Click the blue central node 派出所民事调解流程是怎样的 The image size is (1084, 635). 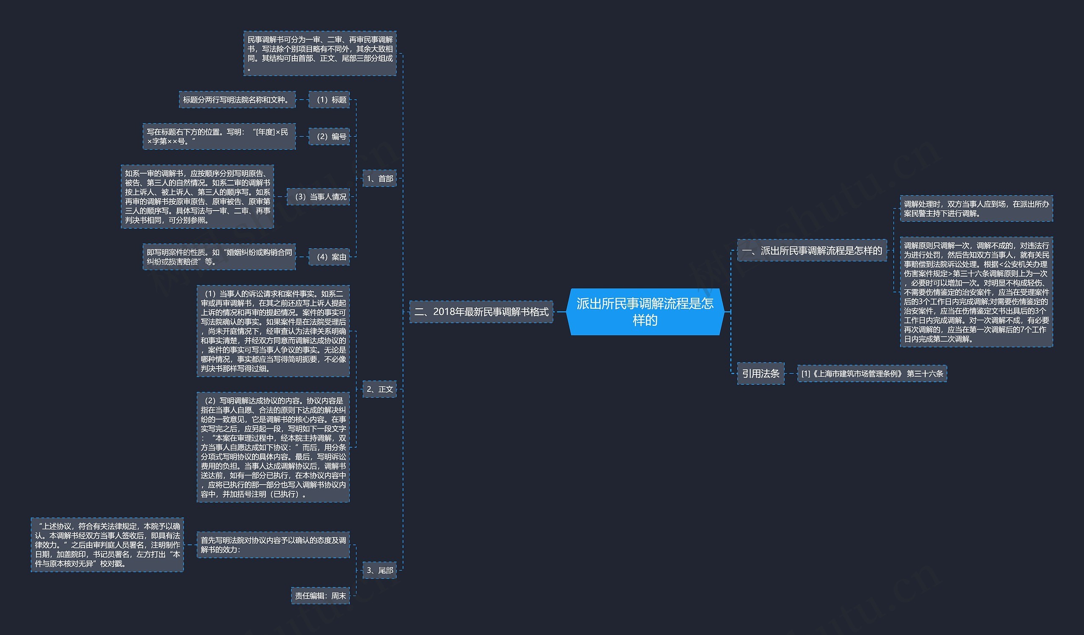pyautogui.click(x=645, y=311)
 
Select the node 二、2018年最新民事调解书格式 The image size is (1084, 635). pyautogui.click(x=481, y=311)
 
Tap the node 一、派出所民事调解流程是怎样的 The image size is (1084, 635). pyautogui.click(x=812, y=250)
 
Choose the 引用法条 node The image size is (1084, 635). pyautogui.click(x=760, y=374)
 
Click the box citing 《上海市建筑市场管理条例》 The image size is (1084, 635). pyautogui.click(x=872, y=374)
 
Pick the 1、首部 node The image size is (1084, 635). pyautogui.click(x=379, y=178)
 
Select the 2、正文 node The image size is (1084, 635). pyautogui.click(x=379, y=389)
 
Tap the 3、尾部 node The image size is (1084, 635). pyautogui.click(x=379, y=570)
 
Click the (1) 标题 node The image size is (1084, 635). pyautogui.click(x=329, y=100)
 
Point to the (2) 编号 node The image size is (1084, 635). pyautogui.click(x=329, y=136)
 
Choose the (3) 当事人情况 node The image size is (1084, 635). pyautogui.click(x=318, y=197)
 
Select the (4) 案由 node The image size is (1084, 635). pyautogui.click(x=329, y=257)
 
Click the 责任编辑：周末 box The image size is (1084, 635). pyautogui.click(x=320, y=596)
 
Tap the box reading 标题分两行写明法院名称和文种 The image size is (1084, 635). pyautogui.click(x=237, y=100)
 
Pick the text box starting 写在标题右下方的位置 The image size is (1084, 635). pyautogui.click(x=219, y=136)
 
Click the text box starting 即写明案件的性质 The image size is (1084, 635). pyautogui.click(x=219, y=257)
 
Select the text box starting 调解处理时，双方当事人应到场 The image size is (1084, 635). pyautogui.click(x=976, y=209)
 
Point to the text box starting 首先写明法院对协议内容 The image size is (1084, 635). pyautogui.click(x=273, y=545)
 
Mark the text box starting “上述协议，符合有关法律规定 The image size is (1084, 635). pyautogui.click(x=107, y=545)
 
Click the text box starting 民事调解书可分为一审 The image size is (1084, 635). pyautogui.click(x=320, y=53)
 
